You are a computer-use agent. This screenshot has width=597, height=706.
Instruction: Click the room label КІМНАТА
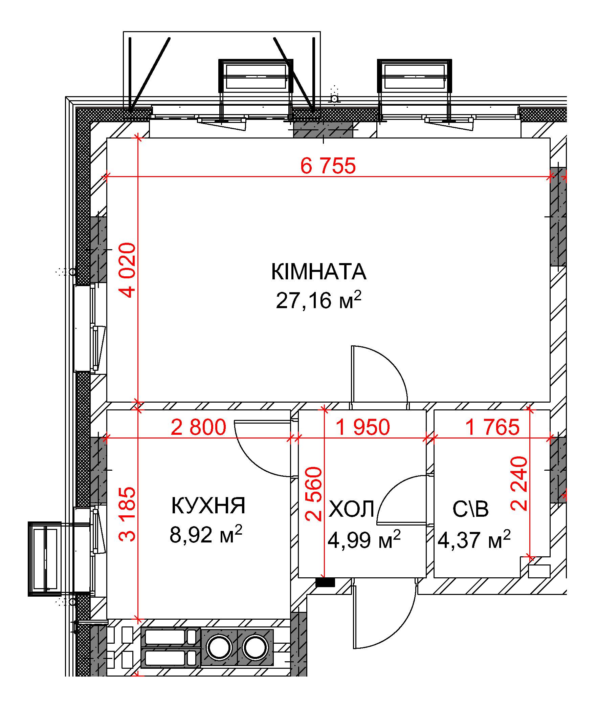tap(318, 272)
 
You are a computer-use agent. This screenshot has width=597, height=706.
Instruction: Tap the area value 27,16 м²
tap(318, 300)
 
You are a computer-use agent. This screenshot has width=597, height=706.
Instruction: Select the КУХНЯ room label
tap(208, 506)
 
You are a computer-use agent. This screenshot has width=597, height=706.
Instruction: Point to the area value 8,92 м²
tap(206, 534)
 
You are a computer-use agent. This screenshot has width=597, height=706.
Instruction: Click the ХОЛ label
tap(351, 509)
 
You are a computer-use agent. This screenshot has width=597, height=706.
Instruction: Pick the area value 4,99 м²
tap(364, 539)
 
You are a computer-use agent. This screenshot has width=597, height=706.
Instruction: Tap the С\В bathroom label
tap(470, 509)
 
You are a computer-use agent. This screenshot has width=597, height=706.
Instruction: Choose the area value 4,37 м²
tap(474, 539)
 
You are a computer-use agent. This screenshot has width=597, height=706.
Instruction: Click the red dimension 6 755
tap(328, 166)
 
